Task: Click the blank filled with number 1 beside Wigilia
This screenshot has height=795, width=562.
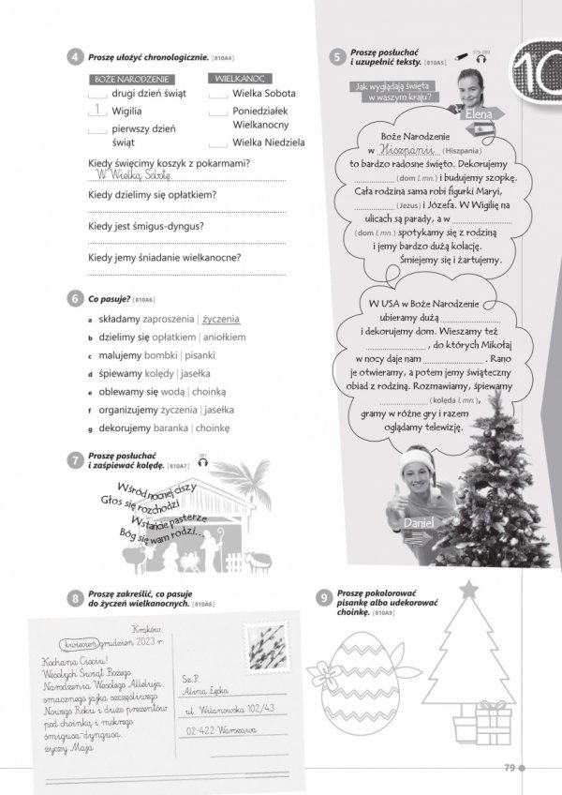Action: click(97, 111)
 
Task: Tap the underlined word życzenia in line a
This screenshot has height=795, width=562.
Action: click(222, 319)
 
